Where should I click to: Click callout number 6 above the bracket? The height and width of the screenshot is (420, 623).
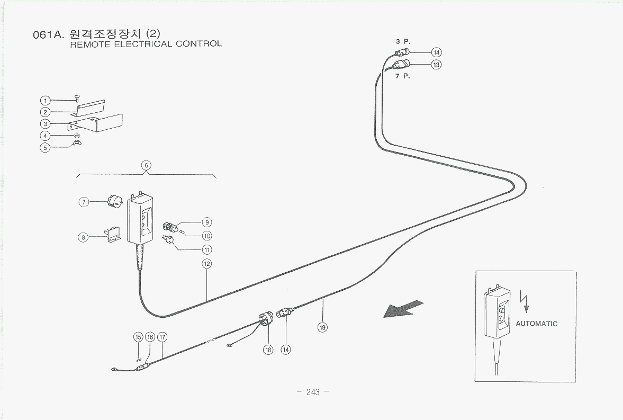coord(146,165)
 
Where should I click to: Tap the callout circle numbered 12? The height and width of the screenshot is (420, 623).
coord(207,263)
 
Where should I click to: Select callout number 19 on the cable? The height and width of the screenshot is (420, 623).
coord(322,327)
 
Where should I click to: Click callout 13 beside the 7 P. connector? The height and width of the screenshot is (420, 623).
coord(436,65)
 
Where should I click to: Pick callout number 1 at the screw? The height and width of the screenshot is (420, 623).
coord(46,100)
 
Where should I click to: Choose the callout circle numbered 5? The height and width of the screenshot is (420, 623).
coord(46,147)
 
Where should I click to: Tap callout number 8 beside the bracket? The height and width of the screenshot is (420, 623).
coord(83,237)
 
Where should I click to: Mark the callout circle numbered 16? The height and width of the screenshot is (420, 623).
coord(150,337)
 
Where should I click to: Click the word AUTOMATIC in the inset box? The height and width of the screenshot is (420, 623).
coord(536,324)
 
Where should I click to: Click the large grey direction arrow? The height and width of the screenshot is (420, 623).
coord(404,309)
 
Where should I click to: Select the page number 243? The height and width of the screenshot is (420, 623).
coord(313,392)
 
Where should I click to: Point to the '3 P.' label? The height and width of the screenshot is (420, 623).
coord(403,41)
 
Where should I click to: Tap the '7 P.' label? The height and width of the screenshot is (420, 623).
coord(403,76)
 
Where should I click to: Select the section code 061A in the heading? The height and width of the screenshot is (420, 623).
coord(48,35)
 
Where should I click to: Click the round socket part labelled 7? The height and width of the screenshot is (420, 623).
coord(115,201)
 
